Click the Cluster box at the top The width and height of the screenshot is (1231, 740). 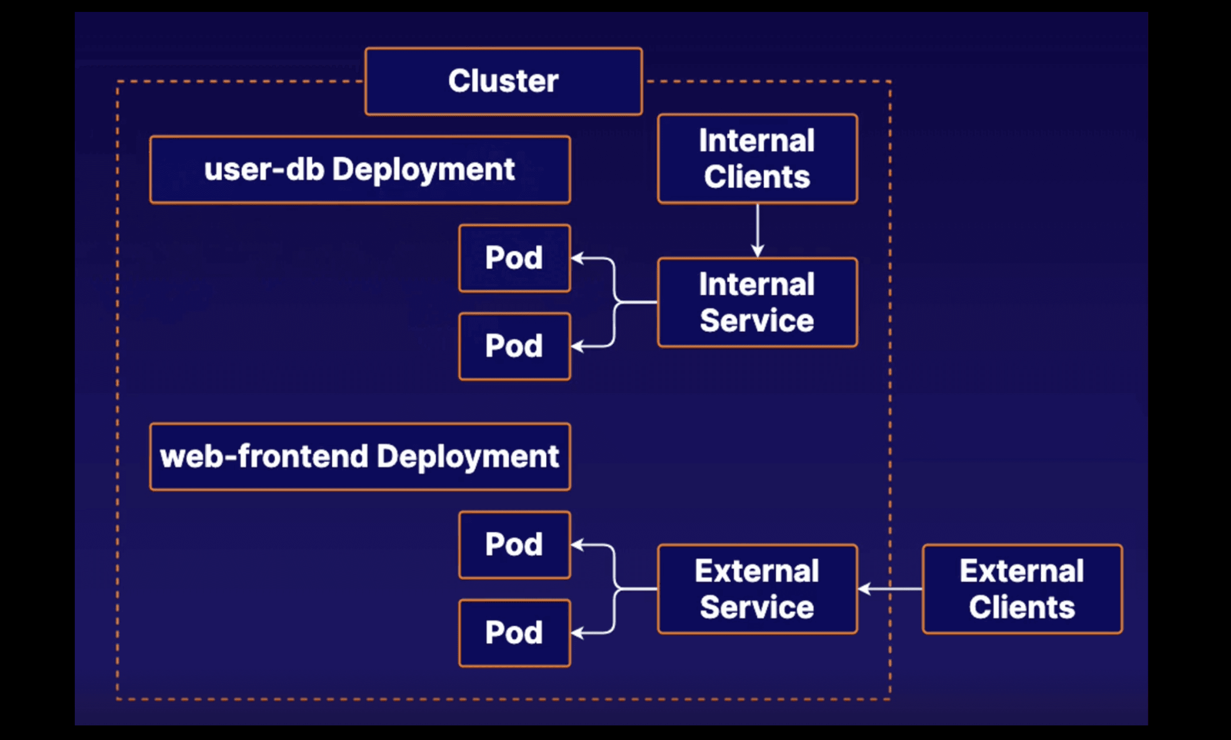tap(504, 81)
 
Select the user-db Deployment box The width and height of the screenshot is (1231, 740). tap(360, 170)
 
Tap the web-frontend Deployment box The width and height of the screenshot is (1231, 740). tap(360, 457)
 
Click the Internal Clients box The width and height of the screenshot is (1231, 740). tap(758, 159)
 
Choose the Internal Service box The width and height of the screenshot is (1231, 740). tap(758, 302)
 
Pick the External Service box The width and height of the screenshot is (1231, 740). tap(758, 589)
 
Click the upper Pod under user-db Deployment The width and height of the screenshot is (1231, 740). tap(515, 258)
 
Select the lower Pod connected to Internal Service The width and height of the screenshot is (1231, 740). tap(515, 347)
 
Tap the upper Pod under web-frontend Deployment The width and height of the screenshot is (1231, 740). tap(515, 545)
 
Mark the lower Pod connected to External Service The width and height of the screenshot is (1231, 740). tap(515, 633)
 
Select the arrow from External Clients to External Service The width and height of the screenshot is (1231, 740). tap(891, 589)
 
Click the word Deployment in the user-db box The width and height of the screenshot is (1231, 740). tap(423, 170)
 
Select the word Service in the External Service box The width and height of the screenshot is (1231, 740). tap(757, 607)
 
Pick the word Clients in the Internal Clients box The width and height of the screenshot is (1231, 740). tap(757, 177)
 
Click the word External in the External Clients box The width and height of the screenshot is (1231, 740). tap(1022, 571)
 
